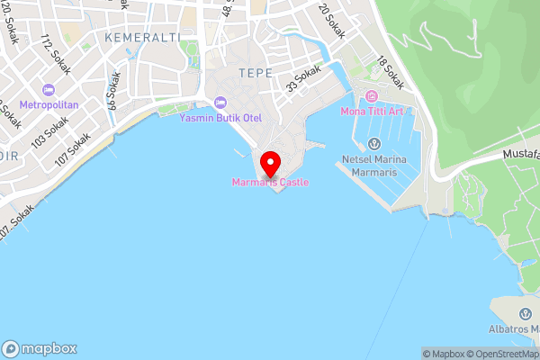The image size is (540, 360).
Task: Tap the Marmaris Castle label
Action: coord(270,183)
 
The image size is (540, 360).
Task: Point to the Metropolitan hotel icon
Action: coord(49,90)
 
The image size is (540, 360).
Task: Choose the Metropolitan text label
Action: coord(49,104)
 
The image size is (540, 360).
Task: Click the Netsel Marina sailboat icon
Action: coord(375,144)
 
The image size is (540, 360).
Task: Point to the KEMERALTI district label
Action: coord(143,37)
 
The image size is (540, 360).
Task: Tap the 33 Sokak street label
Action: coord(302,82)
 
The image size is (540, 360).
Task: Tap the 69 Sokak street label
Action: coord(113,93)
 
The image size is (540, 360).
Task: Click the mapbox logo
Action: coord(40,349)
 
